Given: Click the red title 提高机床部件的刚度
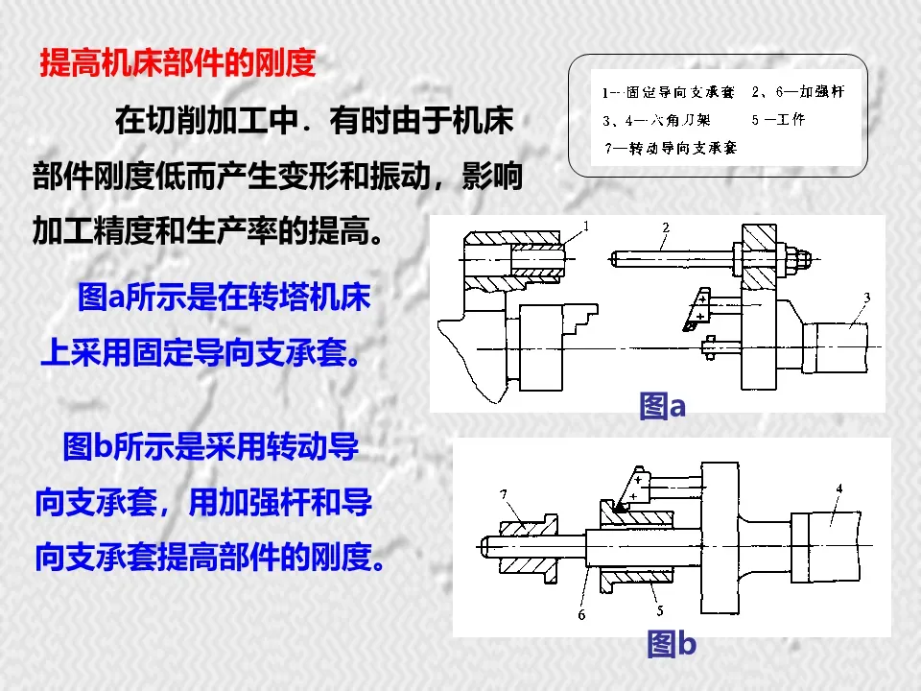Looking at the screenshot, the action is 177,63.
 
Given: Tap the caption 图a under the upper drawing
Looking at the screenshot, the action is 662,407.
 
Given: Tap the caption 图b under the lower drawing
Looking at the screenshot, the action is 671,643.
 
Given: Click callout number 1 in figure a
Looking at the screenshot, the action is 585,226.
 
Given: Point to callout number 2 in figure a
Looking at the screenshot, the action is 664,227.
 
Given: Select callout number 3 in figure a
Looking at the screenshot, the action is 865,298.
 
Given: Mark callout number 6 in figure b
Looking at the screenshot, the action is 581,614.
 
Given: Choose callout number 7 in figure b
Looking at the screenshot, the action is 503,494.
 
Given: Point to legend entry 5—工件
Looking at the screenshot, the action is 778,120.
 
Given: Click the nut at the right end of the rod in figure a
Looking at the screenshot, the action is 799,257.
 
